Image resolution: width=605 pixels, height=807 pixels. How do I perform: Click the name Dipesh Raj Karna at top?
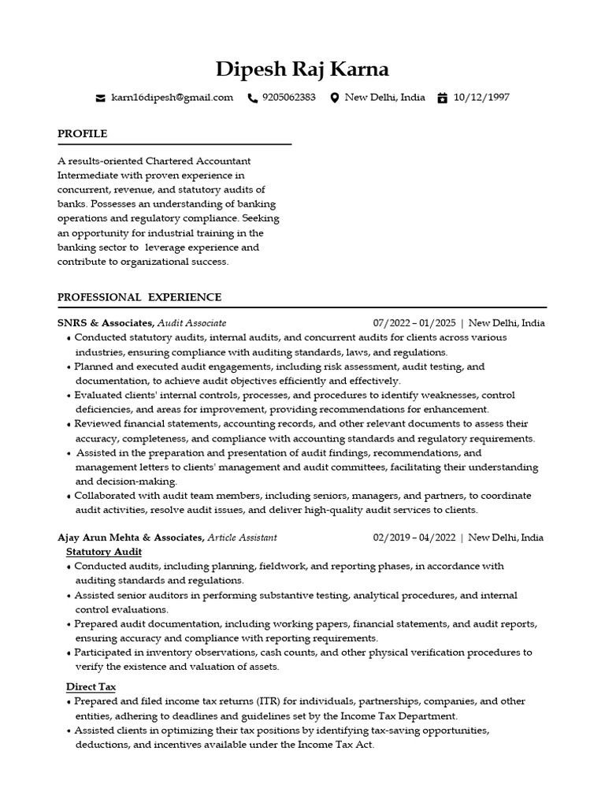302,69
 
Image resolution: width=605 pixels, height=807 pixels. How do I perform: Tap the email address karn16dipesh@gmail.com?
173,98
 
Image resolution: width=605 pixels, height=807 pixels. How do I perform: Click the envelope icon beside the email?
100,99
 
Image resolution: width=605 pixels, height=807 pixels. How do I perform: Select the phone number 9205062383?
289,98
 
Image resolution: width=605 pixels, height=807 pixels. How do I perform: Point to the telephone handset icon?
252,99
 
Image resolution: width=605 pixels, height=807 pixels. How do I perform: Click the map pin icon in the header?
334,99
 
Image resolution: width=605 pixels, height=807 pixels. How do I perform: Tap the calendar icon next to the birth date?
442,99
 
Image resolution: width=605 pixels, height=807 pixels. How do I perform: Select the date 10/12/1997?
482,98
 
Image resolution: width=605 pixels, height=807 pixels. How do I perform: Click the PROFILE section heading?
82,134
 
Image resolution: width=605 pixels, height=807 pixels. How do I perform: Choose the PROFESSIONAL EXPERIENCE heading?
139,297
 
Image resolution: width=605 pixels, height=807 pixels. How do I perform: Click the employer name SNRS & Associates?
105,323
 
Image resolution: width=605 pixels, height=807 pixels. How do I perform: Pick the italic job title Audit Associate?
191,323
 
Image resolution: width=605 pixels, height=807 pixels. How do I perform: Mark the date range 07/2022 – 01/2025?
414,323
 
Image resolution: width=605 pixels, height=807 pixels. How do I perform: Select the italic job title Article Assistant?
242,537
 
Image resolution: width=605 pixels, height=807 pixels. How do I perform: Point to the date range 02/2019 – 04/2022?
414,537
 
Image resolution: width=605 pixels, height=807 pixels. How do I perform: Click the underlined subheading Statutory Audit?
104,552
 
